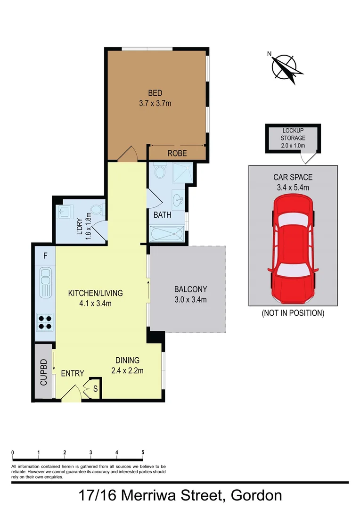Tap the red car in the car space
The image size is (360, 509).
click(x=293, y=250)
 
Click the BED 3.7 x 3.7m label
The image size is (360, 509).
click(x=155, y=98)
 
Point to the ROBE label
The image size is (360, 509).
click(x=177, y=153)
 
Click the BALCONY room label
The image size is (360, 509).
click(x=190, y=294)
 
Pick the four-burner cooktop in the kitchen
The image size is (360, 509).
click(x=45, y=322)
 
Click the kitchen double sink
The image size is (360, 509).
click(x=45, y=282)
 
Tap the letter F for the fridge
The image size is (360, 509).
click(x=45, y=256)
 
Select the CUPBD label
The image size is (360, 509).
click(x=43, y=372)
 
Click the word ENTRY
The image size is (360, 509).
click(x=73, y=374)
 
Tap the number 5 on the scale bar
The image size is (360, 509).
click(x=143, y=452)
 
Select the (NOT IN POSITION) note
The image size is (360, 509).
click(x=293, y=313)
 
